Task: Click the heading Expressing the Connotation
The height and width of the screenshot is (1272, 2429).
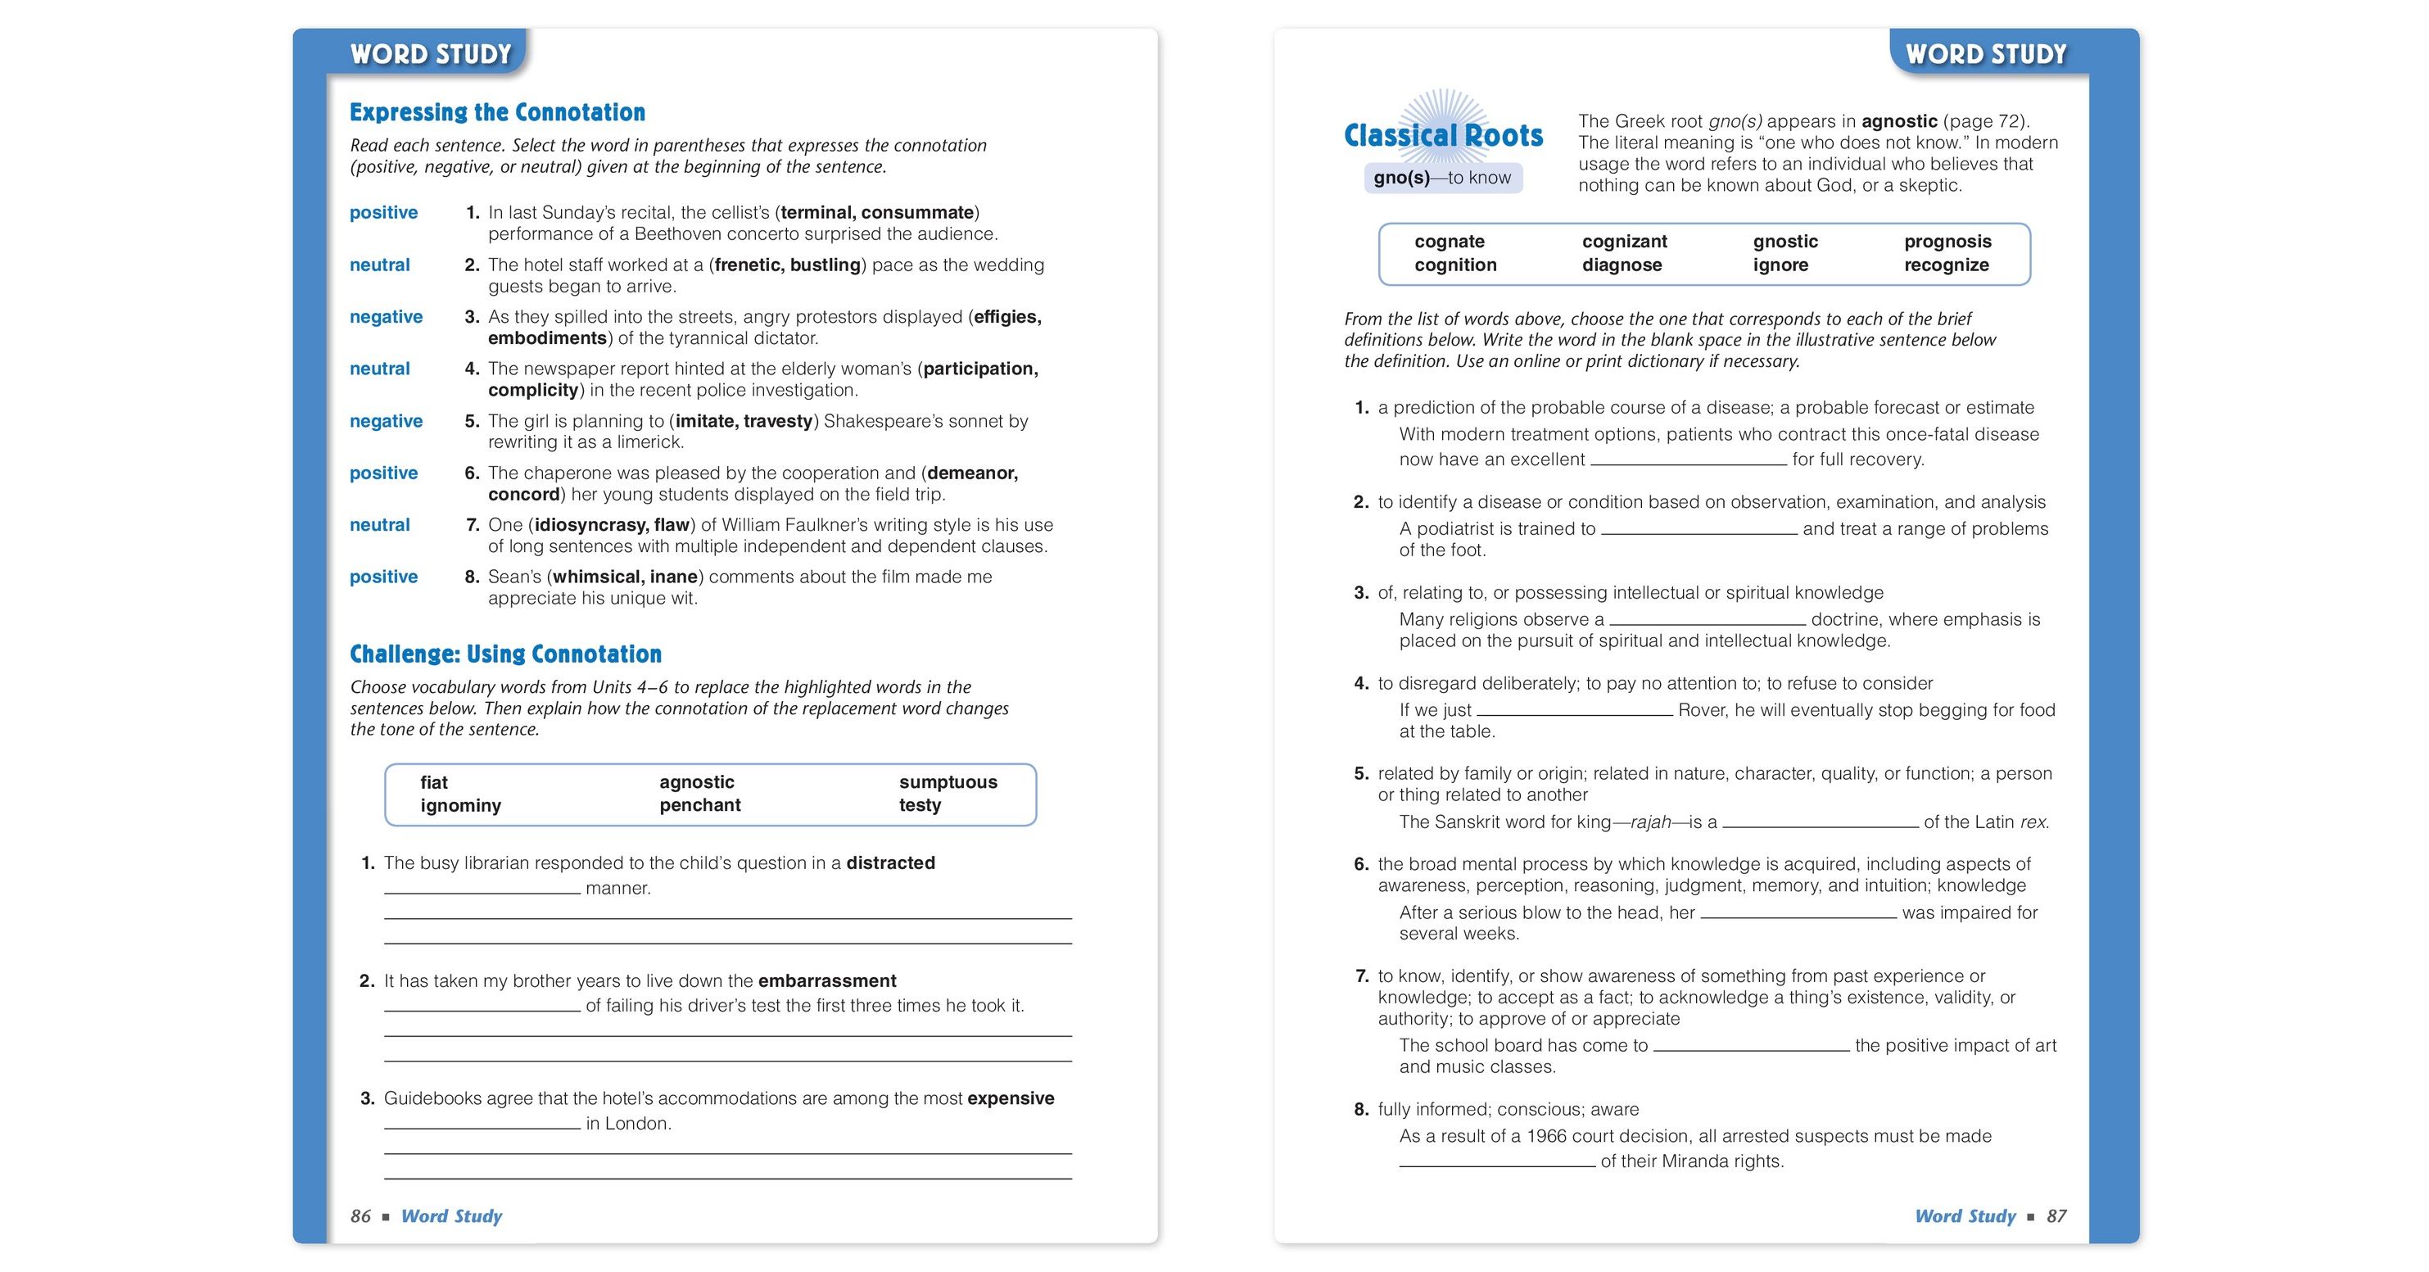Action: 497,112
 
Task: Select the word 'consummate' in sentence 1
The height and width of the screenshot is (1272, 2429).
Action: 917,212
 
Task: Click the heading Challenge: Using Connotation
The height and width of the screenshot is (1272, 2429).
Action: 505,654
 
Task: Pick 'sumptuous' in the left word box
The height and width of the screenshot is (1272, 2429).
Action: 948,781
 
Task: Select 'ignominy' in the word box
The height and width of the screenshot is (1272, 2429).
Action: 460,805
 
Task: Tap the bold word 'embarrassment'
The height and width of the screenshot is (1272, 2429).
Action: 827,980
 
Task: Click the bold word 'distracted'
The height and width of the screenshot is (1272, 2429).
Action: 890,862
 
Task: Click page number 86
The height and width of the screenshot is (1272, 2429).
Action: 360,1216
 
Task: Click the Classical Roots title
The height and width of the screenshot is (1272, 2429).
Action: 1443,136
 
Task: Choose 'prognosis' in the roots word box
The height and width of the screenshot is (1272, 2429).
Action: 1947,242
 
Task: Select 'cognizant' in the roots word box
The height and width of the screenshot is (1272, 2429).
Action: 1624,242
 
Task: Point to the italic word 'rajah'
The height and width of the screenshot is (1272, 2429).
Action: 1650,822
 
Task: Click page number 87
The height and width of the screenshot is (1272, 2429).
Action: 2056,1216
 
